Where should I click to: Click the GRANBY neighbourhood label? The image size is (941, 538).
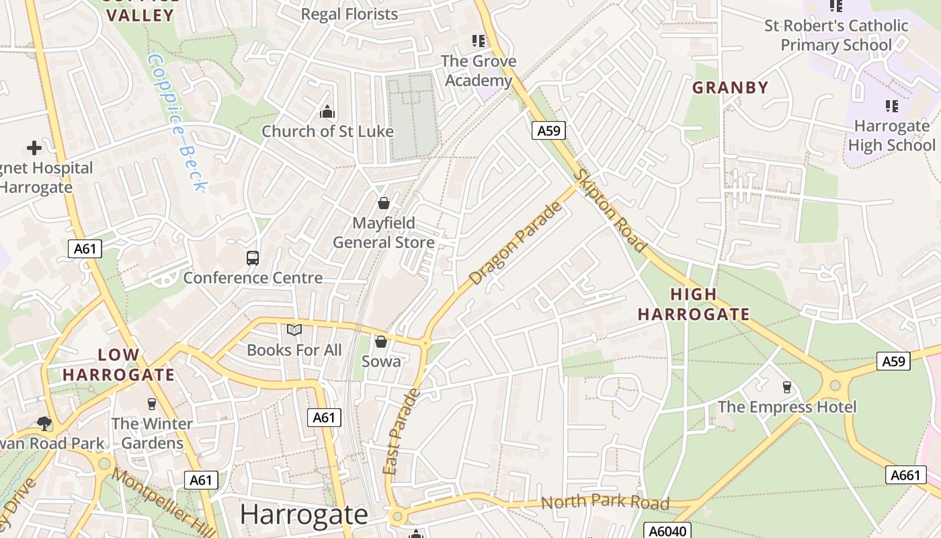pyautogui.click(x=730, y=87)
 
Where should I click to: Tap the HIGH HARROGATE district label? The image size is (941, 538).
pyautogui.click(x=694, y=304)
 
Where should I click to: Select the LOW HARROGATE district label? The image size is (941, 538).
pyautogui.click(x=119, y=364)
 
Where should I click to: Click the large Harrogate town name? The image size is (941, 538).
pyautogui.click(x=304, y=514)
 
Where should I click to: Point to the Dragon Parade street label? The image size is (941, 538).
pyautogui.click(x=516, y=243)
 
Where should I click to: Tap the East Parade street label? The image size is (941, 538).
pyautogui.click(x=401, y=431)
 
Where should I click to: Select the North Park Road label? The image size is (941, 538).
pyautogui.click(x=605, y=502)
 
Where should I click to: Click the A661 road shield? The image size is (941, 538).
pyautogui.click(x=905, y=475)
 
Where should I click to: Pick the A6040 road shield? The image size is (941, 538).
pyautogui.click(x=667, y=531)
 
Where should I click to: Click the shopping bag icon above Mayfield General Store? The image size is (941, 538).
pyautogui.click(x=384, y=203)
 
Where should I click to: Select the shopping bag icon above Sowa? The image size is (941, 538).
pyautogui.click(x=381, y=342)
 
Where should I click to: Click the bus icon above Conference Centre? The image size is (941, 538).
pyautogui.click(x=253, y=258)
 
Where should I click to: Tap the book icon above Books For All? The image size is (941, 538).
pyautogui.click(x=294, y=330)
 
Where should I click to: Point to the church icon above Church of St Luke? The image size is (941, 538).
pyautogui.click(x=327, y=112)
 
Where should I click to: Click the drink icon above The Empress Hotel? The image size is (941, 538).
pyautogui.click(x=787, y=387)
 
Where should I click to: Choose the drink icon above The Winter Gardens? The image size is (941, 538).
pyautogui.click(x=152, y=403)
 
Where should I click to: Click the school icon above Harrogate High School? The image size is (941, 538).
pyautogui.click(x=891, y=106)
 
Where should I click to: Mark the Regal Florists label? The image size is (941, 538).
pyautogui.click(x=349, y=13)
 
